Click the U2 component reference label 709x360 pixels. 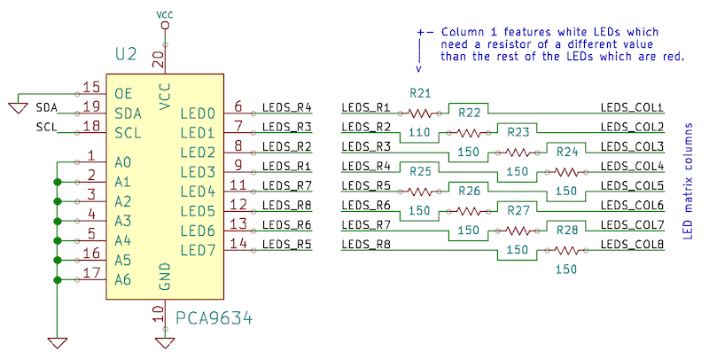(126, 55)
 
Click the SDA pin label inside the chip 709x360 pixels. (128, 113)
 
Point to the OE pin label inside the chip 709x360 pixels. (123, 93)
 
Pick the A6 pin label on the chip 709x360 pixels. (123, 279)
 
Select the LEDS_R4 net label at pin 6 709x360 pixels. (286, 107)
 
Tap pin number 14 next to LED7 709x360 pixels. (238, 243)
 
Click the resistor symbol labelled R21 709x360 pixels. (421, 113)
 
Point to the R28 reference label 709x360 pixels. (567, 230)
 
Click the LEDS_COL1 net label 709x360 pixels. (632, 107)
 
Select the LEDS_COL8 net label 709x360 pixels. (632, 244)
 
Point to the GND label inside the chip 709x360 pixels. (164, 276)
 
